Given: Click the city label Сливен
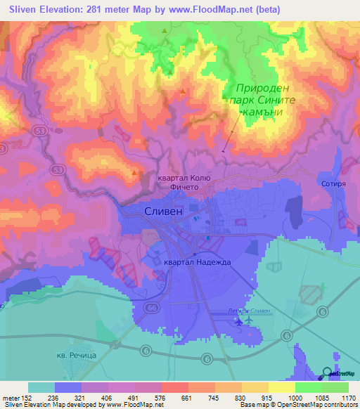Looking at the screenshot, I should coord(163,211).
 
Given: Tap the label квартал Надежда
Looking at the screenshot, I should coord(197,262).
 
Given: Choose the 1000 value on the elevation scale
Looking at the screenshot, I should coord(295,397).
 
